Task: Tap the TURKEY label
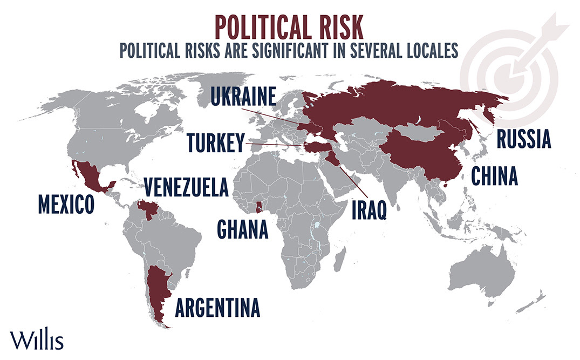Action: [x=215, y=143]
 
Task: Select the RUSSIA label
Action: [x=523, y=139]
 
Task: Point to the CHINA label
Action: [x=494, y=175]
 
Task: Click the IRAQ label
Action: [x=369, y=209]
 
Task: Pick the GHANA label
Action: [x=242, y=228]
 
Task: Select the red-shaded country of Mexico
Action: [x=89, y=175]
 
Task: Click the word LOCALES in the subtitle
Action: [x=429, y=50]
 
